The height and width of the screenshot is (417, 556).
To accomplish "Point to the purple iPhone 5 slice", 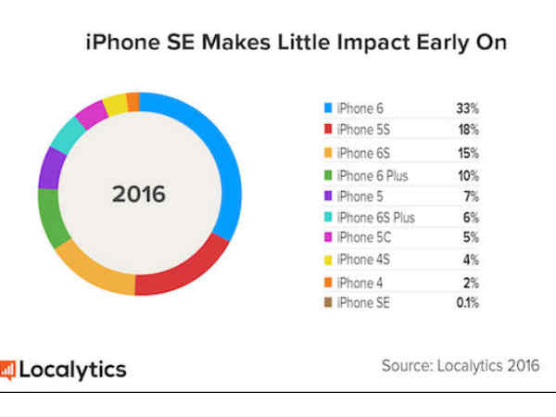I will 50,167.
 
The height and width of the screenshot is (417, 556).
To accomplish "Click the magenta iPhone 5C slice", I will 91,114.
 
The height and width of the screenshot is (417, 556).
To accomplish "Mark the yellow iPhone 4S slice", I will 115,103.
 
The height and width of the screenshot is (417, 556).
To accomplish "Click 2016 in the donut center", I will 138,195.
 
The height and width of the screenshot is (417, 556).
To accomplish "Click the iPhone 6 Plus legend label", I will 372,174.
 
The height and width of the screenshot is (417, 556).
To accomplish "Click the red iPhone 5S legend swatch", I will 328,131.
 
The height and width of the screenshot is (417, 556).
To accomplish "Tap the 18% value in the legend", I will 468,131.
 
